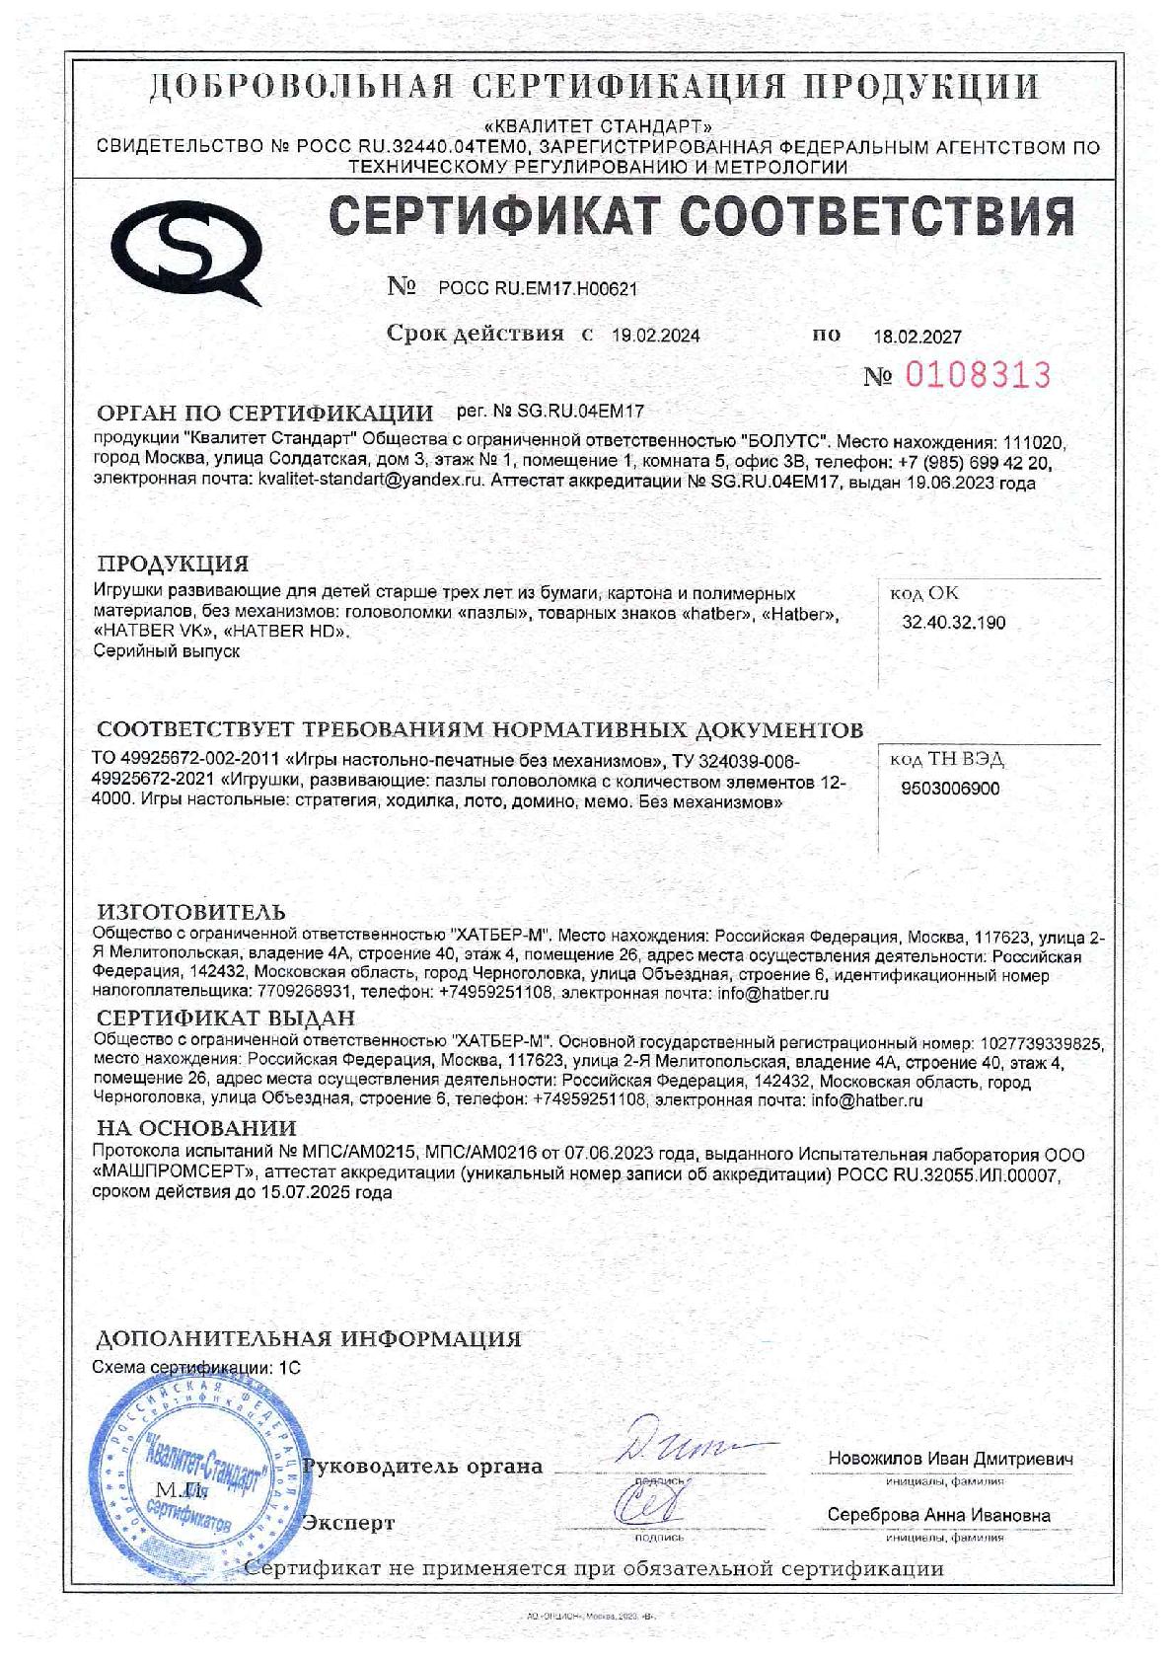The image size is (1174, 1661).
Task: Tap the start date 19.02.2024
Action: point(655,336)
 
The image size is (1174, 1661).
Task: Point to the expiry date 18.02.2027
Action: point(917,337)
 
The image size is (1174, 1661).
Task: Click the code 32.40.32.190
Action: point(954,623)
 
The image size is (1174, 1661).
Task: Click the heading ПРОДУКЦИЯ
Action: point(173,565)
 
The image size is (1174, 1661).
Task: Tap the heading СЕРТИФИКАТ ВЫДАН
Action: point(225,1019)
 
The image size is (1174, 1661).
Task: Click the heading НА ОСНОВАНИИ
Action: point(195,1127)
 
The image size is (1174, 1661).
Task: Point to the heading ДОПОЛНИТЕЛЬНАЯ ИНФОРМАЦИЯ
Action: point(307,1339)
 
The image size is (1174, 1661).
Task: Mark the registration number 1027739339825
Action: point(1039,1042)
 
